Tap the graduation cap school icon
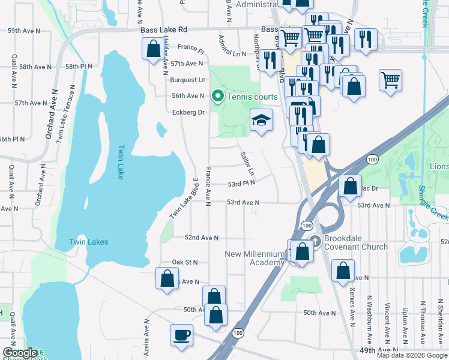(261, 121)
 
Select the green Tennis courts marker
(216, 96)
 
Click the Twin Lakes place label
(88, 242)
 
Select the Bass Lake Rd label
(164, 29)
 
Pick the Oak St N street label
(184, 262)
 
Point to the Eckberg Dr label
(188, 112)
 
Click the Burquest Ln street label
(187, 80)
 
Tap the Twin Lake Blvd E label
(184, 198)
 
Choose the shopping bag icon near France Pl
(152, 48)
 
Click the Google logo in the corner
(20, 352)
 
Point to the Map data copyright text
(411, 355)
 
